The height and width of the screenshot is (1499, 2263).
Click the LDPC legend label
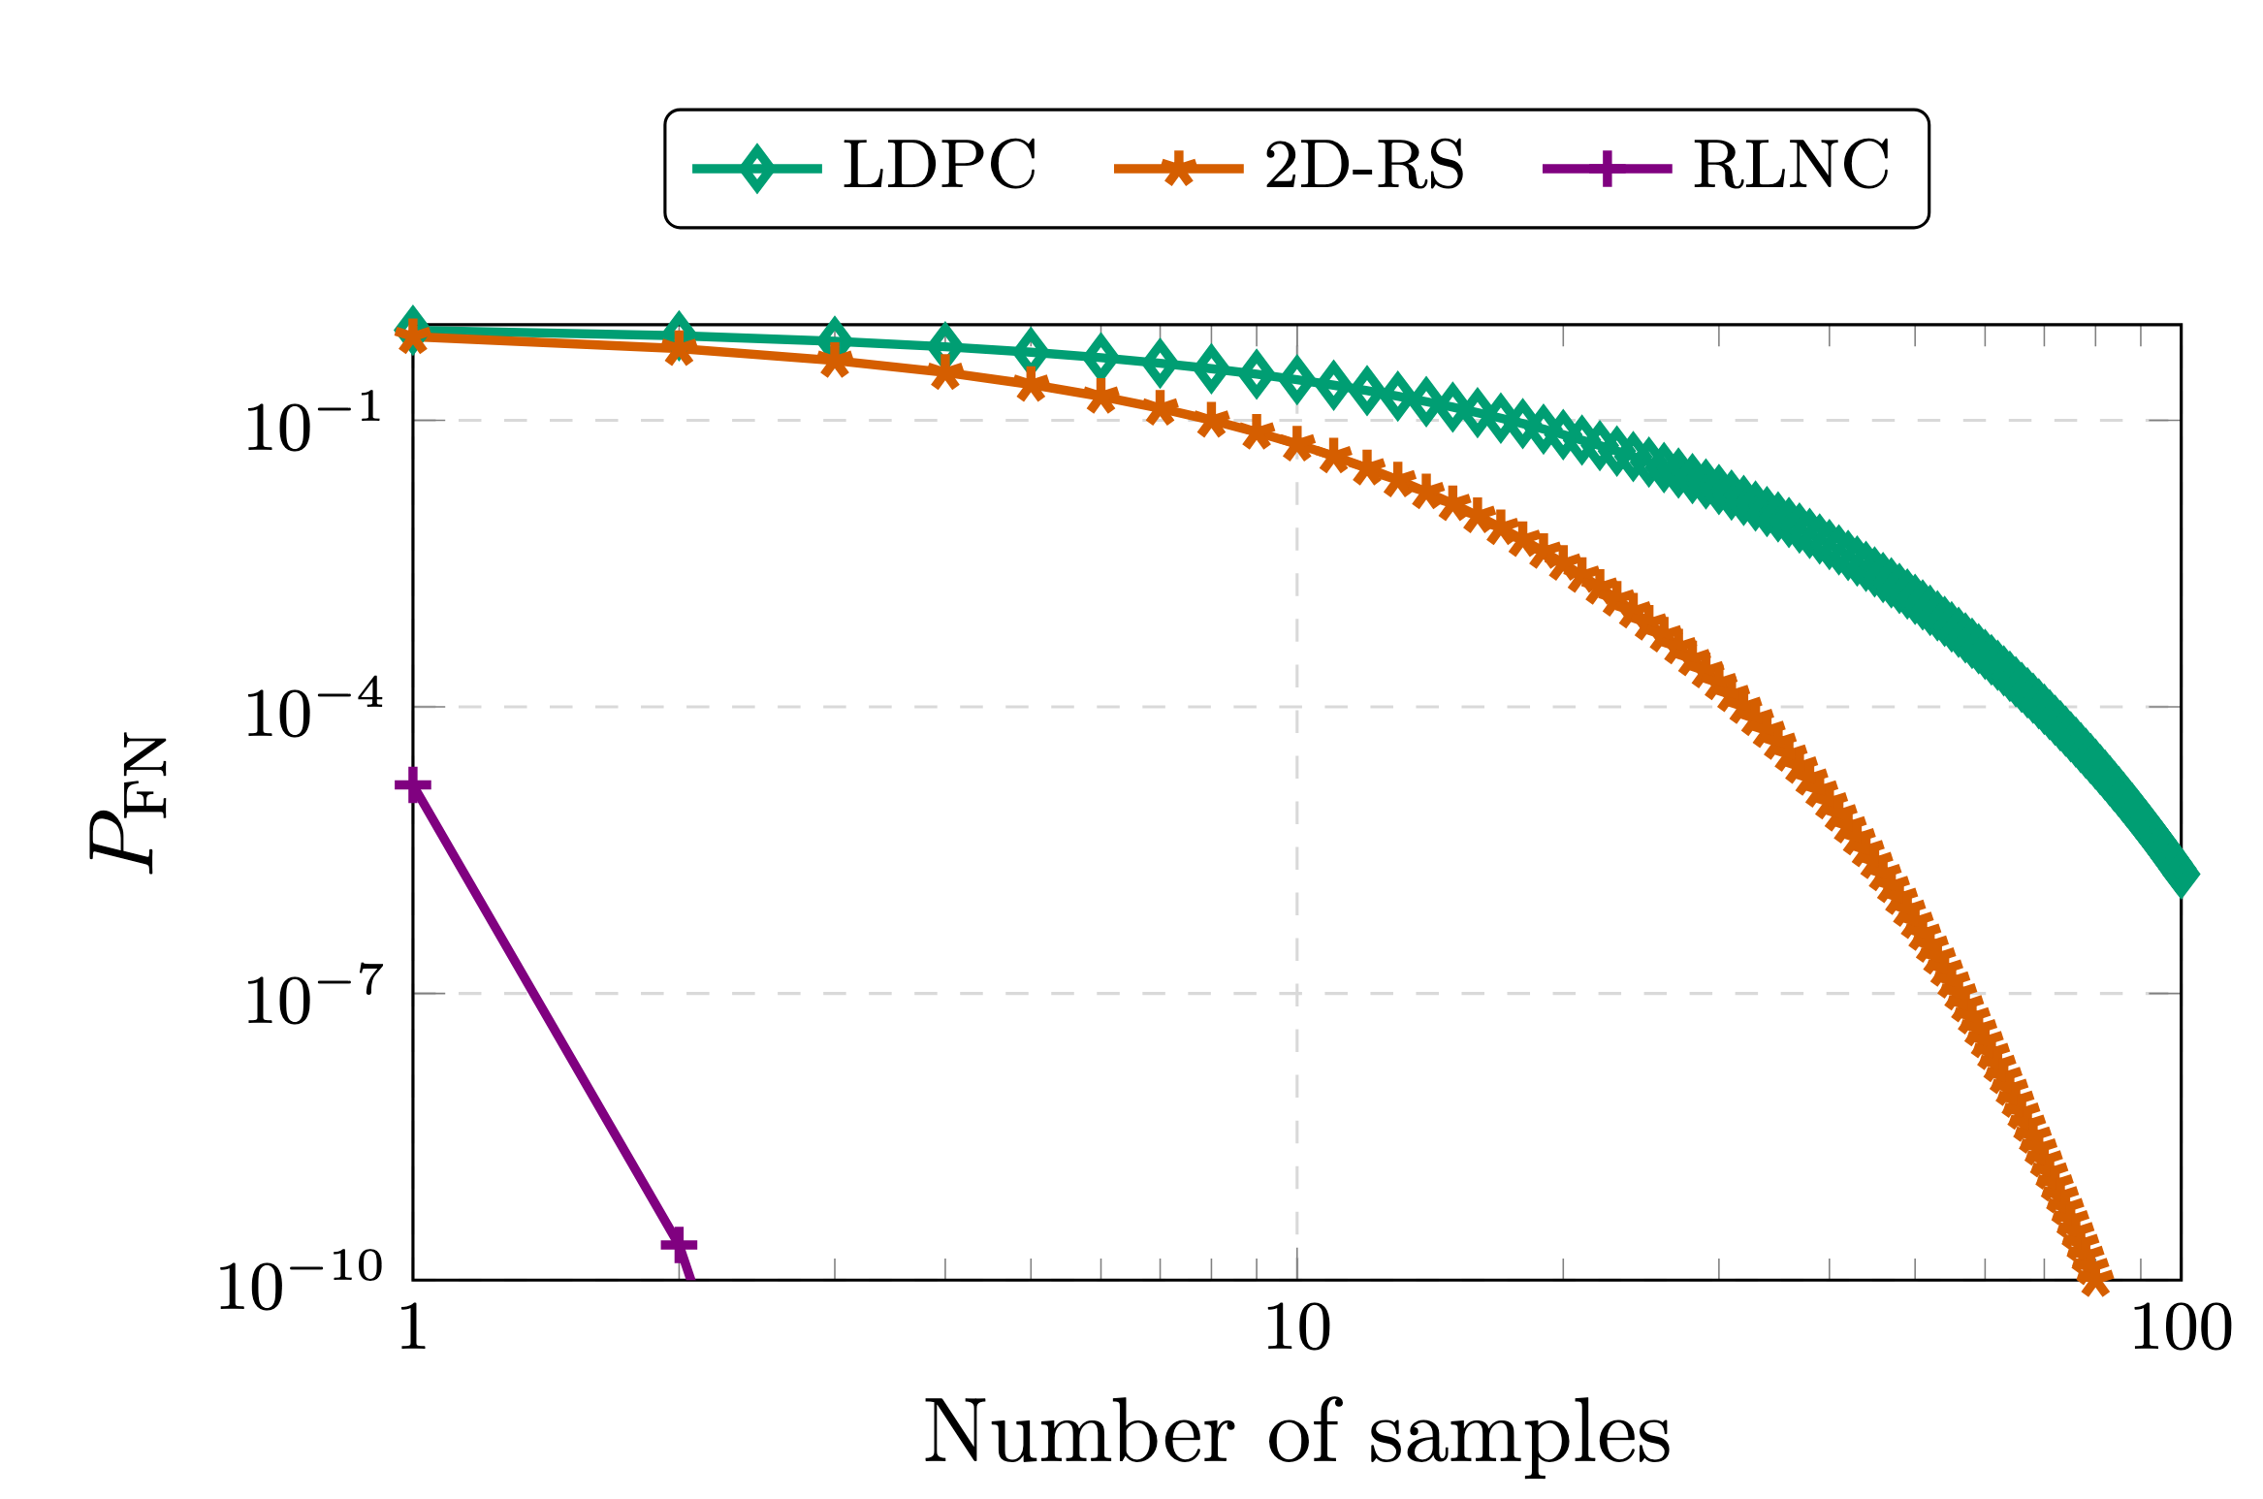(x=939, y=165)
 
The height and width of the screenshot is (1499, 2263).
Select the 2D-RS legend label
(x=1364, y=165)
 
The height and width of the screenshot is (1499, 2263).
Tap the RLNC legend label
(x=1792, y=165)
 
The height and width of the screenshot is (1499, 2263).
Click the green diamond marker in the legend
(x=757, y=169)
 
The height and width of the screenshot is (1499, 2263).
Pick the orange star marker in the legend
(x=1178, y=169)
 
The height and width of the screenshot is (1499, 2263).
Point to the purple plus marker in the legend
(x=1607, y=169)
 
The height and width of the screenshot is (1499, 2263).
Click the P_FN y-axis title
(x=126, y=803)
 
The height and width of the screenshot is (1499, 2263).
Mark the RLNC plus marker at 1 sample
(x=413, y=784)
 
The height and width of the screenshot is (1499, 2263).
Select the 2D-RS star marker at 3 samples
(x=835, y=362)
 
